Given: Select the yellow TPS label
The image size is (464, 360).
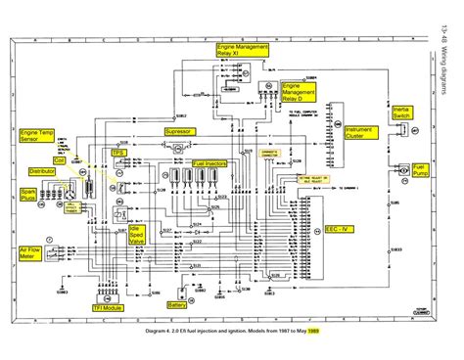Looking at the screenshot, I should pos(117,154).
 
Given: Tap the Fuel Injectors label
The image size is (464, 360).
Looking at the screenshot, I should pos(210,163).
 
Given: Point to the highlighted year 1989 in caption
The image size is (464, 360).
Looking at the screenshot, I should pos(314,331).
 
